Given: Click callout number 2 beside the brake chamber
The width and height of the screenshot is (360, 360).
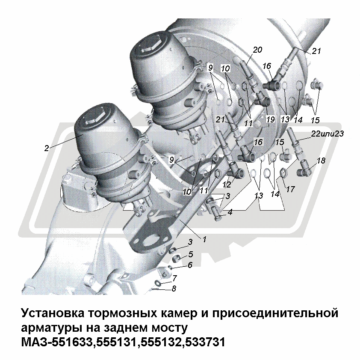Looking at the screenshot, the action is pos(47,148).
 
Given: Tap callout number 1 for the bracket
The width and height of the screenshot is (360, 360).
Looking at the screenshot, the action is pos(204,239).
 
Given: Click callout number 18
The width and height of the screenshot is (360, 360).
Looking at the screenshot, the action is pos(321,161).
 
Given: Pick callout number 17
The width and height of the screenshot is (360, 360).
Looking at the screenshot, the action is pos(290,189).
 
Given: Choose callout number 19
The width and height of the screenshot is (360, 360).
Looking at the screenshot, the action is pos(270,119).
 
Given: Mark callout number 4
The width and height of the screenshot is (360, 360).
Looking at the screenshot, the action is pos(230,212).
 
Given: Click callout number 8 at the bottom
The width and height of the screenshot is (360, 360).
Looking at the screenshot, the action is pos(174,288).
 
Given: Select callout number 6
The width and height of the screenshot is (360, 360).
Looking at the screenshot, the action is pos(190,265).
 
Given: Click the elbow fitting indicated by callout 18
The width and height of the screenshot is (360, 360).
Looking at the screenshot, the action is pos(304,171).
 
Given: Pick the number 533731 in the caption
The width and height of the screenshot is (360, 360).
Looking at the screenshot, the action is pos(205,342).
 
